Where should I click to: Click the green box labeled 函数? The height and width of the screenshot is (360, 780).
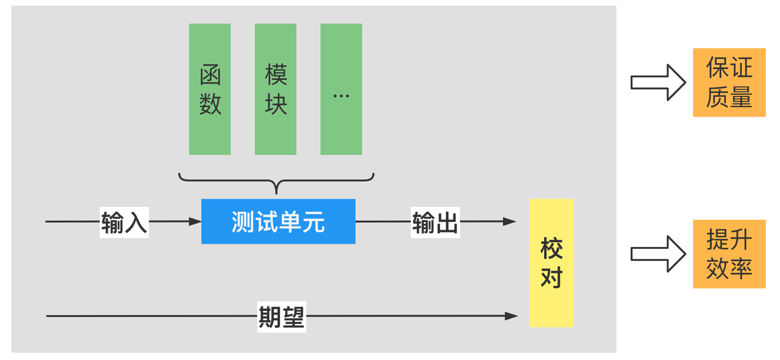point(209,89)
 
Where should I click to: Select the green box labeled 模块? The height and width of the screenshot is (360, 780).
point(275,89)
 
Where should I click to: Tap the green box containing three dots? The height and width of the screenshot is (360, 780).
point(341,89)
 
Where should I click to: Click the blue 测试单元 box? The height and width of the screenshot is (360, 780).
point(278,222)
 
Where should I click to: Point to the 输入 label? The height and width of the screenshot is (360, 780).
point(124,222)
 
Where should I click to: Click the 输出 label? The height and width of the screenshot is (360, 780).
point(435,222)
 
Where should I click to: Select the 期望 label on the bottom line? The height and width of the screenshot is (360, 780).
point(281,317)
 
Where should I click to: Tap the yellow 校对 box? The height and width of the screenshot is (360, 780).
point(551,263)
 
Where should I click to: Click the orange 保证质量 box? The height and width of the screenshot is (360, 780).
point(729,82)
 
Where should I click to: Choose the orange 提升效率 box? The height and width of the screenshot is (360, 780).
point(729,254)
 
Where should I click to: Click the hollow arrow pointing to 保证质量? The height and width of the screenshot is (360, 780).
point(659,82)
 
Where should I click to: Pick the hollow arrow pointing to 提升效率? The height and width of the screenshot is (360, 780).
point(659,254)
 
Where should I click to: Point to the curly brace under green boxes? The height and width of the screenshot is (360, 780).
point(277,182)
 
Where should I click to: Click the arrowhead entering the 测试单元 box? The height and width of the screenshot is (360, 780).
point(195,221)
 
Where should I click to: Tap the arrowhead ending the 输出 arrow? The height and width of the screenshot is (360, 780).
point(509,221)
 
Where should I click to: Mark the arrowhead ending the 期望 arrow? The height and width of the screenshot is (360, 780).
point(511,316)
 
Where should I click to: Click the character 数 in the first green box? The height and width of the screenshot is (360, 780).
point(210,104)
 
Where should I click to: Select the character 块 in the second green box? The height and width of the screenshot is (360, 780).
point(276,104)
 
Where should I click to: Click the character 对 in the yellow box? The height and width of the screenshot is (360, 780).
point(551,278)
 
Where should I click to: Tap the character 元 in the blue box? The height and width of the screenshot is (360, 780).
point(314,222)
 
